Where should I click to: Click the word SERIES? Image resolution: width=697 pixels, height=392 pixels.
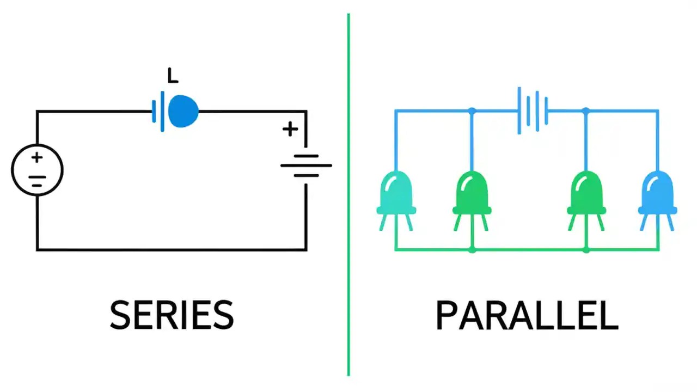click(172, 314)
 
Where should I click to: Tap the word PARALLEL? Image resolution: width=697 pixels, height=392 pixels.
click(527, 315)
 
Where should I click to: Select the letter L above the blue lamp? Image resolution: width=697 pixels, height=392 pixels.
click(173, 76)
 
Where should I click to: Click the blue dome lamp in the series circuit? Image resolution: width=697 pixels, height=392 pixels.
click(182, 112)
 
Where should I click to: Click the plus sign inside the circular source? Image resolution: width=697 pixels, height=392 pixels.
click(36, 158)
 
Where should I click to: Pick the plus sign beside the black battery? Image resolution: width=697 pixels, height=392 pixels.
click(290, 130)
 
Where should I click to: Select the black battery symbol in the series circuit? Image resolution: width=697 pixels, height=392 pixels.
click(306, 166)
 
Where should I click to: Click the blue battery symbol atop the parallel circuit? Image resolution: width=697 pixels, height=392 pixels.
click(532, 111)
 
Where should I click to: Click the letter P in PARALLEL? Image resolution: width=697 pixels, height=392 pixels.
click(447, 315)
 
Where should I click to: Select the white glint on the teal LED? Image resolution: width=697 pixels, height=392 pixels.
click(391, 184)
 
